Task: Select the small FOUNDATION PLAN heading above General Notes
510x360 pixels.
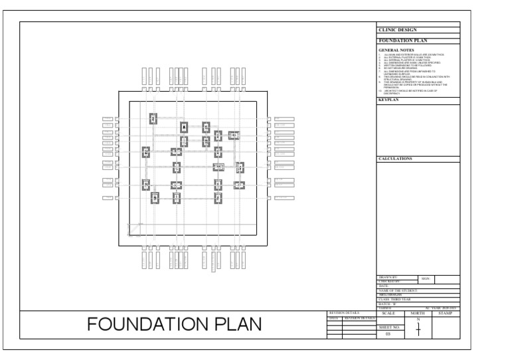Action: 402,41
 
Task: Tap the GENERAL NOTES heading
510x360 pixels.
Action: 397,50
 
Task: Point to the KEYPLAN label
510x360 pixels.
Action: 387,100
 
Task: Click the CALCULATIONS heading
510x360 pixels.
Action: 395,159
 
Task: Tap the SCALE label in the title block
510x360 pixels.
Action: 389,313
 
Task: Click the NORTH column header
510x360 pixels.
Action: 418,313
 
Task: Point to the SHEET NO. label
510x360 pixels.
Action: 388,327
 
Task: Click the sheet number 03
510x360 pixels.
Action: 388,334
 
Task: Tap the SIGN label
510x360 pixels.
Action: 426,280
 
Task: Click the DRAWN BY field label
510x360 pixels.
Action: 388,278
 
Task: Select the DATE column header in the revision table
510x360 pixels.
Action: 334,318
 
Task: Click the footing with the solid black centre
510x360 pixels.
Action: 184,127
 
